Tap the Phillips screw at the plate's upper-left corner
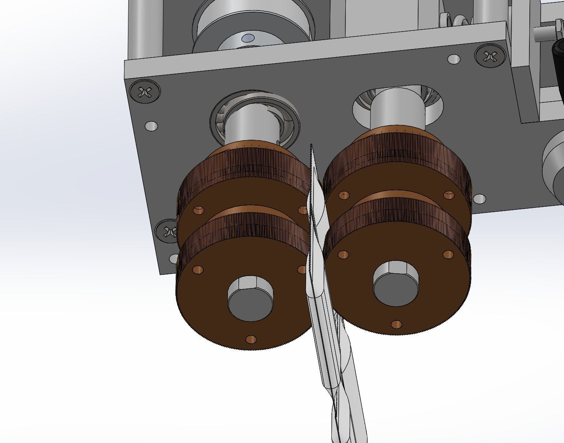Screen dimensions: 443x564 click(x=145, y=92)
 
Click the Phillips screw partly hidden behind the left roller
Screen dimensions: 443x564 click(x=168, y=232)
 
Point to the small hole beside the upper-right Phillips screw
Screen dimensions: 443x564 click(x=454, y=60)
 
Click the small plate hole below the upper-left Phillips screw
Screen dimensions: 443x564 click(x=151, y=126)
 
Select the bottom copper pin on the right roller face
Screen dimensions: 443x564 click(x=396, y=324)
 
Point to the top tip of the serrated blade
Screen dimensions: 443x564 click(x=311, y=146)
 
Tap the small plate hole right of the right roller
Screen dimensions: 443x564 click(x=480, y=199)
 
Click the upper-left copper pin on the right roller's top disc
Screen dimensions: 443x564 click(x=344, y=194)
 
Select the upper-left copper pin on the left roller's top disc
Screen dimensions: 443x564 click(x=198, y=210)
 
